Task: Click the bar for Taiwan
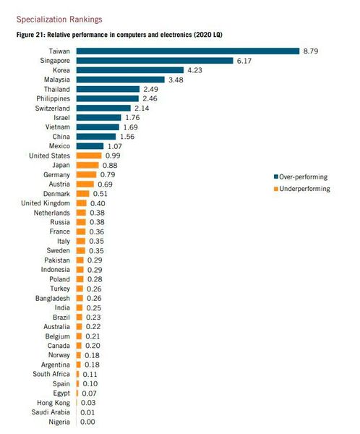(187, 51)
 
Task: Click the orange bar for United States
(88, 156)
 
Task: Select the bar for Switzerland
(103, 108)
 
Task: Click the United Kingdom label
(46, 203)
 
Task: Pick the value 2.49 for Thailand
(150, 89)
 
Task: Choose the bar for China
(95, 136)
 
